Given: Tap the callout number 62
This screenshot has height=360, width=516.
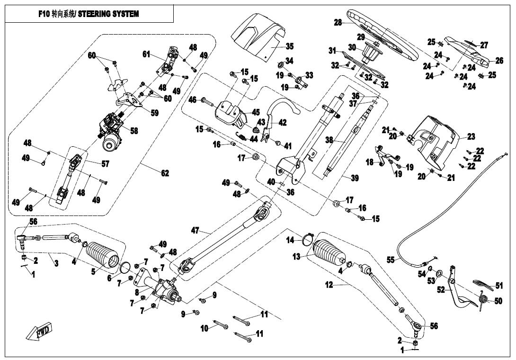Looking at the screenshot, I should (x=165, y=173).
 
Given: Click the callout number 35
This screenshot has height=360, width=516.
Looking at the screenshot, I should (x=290, y=46).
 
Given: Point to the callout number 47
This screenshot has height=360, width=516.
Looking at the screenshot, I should (x=196, y=231).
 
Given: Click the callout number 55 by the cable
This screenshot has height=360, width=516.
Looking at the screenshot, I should (x=391, y=260).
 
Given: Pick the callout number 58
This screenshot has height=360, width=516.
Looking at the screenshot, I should (x=134, y=131).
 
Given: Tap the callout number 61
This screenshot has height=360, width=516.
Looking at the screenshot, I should (x=146, y=54).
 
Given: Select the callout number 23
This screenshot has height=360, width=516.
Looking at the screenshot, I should (x=471, y=137).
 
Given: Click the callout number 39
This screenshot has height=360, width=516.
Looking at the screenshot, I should (x=355, y=178).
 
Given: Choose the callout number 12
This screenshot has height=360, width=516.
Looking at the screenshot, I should (x=329, y=285).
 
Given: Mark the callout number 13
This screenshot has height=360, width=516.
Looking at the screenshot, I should (x=296, y=256).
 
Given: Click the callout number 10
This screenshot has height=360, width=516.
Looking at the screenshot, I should (x=205, y=328).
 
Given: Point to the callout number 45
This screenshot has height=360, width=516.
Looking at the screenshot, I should (x=256, y=112).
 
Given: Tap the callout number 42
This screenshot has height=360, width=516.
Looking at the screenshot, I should (x=283, y=123).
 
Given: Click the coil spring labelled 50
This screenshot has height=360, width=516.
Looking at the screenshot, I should (x=483, y=300).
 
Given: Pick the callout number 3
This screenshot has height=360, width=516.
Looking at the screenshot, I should (x=56, y=263).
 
